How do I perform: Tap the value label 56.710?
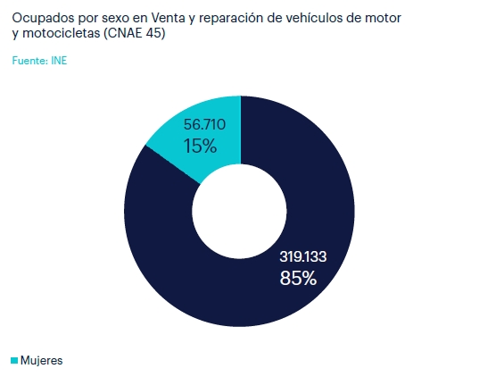(x=203, y=124)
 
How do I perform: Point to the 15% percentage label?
(x=201, y=146)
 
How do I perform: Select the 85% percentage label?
(x=298, y=278)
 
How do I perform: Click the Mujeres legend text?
(x=42, y=361)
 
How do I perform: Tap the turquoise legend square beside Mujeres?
(x=14, y=361)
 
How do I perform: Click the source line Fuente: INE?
(x=40, y=62)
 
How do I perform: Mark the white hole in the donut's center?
(x=239, y=211)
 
